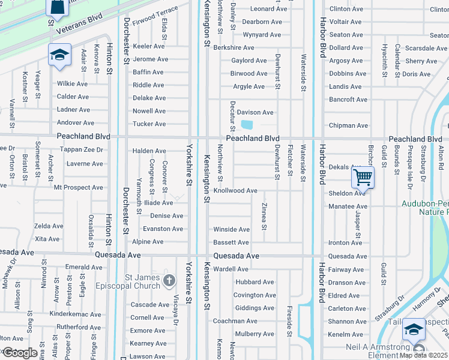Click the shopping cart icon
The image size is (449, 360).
363,178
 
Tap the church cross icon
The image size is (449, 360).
169,280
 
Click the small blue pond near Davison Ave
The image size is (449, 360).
247,125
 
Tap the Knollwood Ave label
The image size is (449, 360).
235,191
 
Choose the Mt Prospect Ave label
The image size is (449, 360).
79,187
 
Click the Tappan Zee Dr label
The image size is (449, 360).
83,150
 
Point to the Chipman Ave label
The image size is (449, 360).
348,125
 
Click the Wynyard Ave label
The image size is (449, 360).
262,35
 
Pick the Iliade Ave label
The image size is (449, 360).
157,203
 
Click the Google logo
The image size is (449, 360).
20,352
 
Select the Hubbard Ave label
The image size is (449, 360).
255,282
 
